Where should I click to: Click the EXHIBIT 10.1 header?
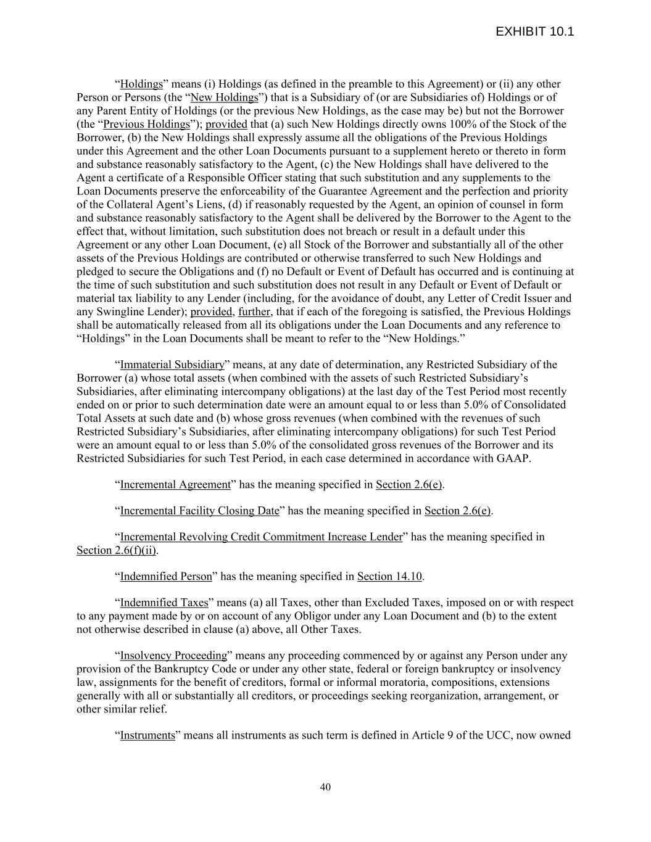click(x=534, y=31)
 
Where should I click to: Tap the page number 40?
click(x=325, y=786)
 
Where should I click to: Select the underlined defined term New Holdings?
click(x=224, y=97)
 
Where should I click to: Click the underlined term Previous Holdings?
click(x=146, y=124)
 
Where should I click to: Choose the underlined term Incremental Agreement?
click(x=175, y=484)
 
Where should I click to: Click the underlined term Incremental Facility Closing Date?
click(x=199, y=511)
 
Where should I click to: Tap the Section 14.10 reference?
click(x=389, y=577)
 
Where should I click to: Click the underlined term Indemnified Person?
click(x=165, y=577)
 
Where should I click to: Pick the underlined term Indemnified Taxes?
click(x=164, y=603)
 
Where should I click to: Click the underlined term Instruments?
click(x=147, y=735)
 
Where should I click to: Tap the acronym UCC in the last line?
click(x=499, y=735)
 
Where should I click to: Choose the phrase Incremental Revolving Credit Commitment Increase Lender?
click(x=260, y=537)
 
